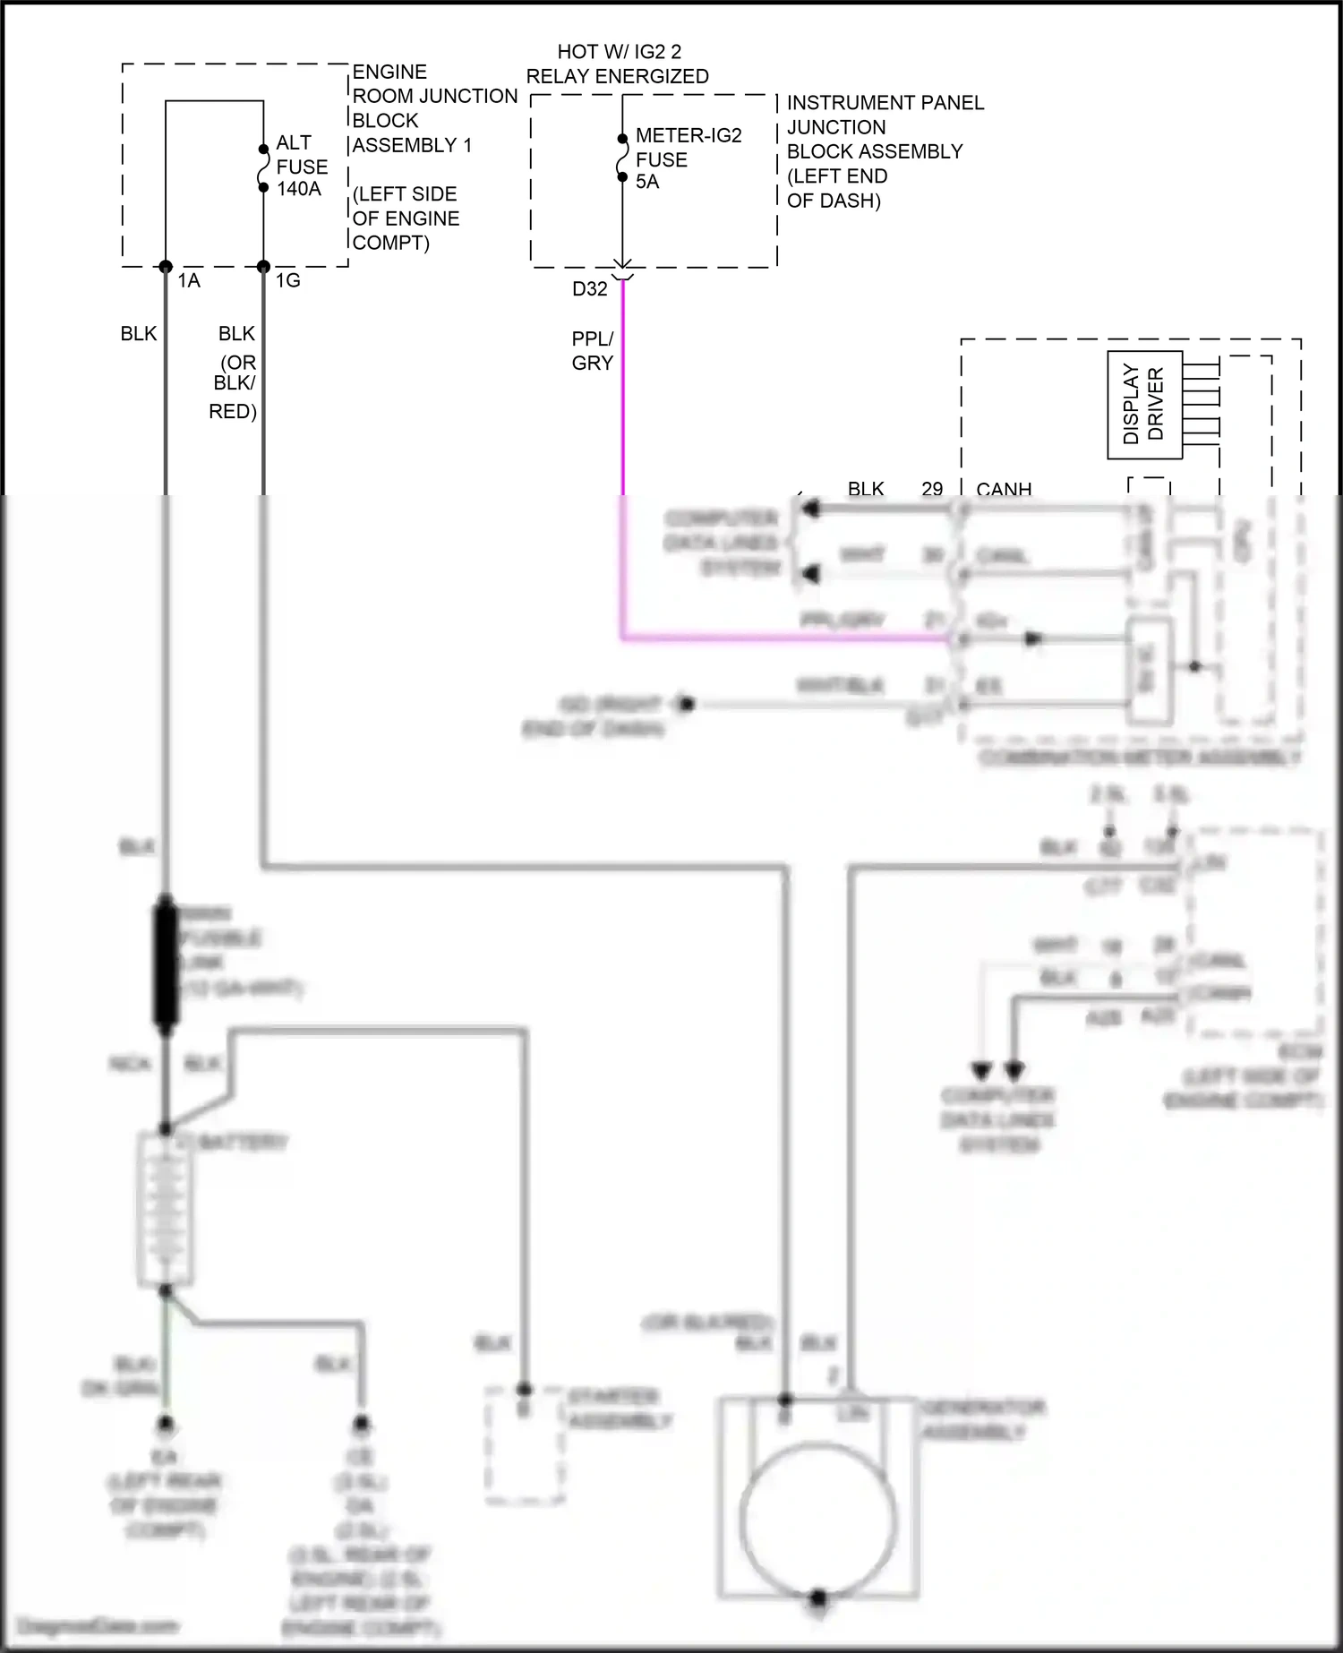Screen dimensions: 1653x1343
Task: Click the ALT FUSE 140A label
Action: pyautogui.click(x=301, y=166)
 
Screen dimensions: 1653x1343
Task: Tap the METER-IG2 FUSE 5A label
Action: pyautogui.click(x=687, y=158)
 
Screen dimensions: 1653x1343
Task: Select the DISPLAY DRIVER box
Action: pyautogui.click(x=1144, y=406)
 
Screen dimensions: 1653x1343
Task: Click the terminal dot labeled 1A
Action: pyautogui.click(x=166, y=267)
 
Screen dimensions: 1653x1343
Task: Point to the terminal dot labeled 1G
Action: pyautogui.click(x=263, y=267)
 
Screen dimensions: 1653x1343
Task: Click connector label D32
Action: pyautogui.click(x=590, y=289)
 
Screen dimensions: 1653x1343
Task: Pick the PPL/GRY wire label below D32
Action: pyautogui.click(x=593, y=351)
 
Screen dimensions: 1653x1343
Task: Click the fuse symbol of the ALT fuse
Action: pyautogui.click(x=263, y=167)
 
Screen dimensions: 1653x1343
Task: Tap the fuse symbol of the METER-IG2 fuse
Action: pyautogui.click(x=622, y=158)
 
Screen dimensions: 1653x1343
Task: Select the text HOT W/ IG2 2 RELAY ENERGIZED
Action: pyautogui.click(x=618, y=64)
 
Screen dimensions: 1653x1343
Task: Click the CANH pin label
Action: pyautogui.click(x=1004, y=489)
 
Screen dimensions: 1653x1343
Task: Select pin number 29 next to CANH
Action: pyautogui.click(x=932, y=489)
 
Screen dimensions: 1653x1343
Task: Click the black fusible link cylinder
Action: pyautogui.click(x=167, y=964)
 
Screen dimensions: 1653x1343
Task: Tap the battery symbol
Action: pyautogui.click(x=165, y=1209)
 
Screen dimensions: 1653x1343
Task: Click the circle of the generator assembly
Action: pyautogui.click(x=818, y=1521)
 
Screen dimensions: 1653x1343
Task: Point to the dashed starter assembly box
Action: pyautogui.click(x=525, y=1446)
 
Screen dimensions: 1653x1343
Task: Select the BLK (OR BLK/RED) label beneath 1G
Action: pyautogui.click(x=235, y=372)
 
